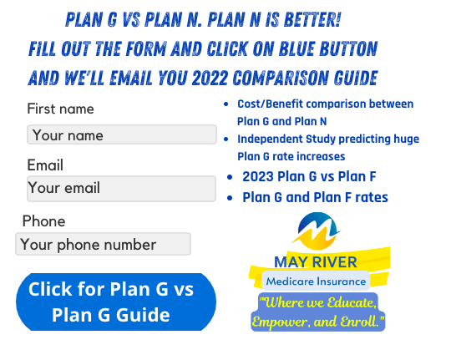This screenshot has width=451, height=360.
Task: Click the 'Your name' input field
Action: click(122, 134)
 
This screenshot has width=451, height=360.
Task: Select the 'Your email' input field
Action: click(121, 189)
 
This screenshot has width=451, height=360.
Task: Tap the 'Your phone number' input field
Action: click(103, 244)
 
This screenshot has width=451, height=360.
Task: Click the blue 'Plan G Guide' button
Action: click(116, 302)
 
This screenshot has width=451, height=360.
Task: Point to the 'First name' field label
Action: click(60, 109)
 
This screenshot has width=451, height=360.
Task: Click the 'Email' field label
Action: click(45, 165)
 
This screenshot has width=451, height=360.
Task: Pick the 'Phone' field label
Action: click(43, 221)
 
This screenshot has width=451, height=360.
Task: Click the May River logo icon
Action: click(317, 231)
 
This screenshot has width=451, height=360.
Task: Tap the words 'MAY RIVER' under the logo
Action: click(316, 262)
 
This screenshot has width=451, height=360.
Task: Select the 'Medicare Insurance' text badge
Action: click(316, 281)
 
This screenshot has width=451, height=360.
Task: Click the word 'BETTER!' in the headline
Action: click(312, 20)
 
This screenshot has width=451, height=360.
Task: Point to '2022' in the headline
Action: click(210, 78)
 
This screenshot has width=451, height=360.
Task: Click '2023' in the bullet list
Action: click(258, 176)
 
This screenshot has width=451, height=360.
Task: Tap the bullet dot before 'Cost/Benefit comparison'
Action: click(226, 104)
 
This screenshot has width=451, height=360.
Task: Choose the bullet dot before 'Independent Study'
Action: click(226, 139)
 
